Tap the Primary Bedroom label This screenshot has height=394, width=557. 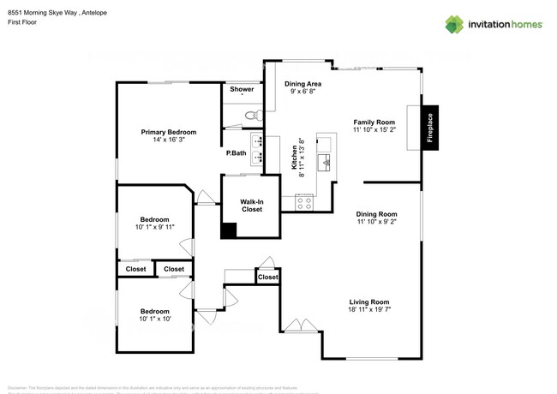(169, 132)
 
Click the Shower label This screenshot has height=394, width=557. (241, 89)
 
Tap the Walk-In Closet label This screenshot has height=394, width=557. (251, 205)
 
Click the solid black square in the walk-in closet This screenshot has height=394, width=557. (229, 230)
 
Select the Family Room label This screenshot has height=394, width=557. (374, 122)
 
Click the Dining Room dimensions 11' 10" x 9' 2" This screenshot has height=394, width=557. (377, 222)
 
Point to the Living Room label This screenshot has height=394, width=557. (369, 301)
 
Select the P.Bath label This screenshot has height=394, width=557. (237, 153)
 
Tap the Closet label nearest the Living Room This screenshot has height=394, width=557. (268, 277)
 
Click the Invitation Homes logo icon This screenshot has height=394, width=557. (453, 24)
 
